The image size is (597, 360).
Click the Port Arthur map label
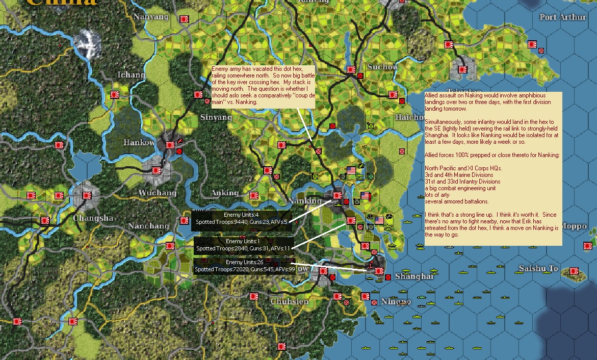click(x=563, y=17)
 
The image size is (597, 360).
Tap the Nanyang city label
click(x=150, y=17)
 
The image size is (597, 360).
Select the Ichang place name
click(x=131, y=75)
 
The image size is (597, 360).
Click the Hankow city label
click(x=139, y=143)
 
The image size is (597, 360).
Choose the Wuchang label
click(x=157, y=193)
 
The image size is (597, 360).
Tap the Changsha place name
click(x=93, y=218)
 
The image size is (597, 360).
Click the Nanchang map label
click(x=148, y=226)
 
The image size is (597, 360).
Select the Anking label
click(x=224, y=193)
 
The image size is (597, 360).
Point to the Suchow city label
click(x=382, y=67)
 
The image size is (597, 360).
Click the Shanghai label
click(x=413, y=276)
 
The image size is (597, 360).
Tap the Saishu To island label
click(x=538, y=269)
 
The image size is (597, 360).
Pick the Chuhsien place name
click(x=289, y=301)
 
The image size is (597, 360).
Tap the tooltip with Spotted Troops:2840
click(x=244, y=248)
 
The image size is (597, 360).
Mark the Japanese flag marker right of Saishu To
click(x=574, y=271)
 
